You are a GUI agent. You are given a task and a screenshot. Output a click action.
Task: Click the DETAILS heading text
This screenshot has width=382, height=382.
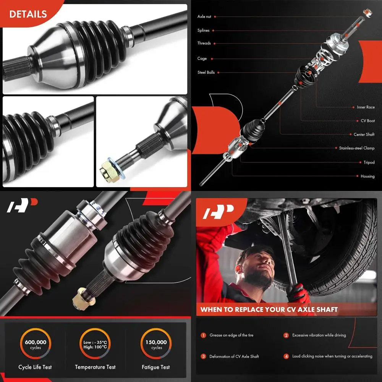(x=28, y=14)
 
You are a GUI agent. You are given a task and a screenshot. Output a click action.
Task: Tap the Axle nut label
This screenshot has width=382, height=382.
(x=204, y=17)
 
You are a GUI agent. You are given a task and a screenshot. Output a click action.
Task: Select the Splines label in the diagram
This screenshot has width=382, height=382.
(x=203, y=31)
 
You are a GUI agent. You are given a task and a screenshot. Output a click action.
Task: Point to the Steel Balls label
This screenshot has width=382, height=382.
(x=206, y=72)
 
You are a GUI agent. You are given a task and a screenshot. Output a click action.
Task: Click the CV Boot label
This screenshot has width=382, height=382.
(x=368, y=121)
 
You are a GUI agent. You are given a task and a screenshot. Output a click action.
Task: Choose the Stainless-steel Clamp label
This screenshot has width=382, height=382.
(x=357, y=148)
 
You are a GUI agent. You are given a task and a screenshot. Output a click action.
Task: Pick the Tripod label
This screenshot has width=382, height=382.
(x=369, y=162)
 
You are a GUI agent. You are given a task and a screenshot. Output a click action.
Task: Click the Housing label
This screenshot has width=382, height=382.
(x=367, y=176)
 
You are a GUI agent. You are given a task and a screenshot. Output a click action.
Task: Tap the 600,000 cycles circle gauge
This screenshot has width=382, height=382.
(x=36, y=345)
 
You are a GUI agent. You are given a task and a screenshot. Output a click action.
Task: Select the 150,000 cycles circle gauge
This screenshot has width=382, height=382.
(x=156, y=345)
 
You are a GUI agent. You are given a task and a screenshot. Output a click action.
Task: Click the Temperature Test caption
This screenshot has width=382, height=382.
(x=95, y=367)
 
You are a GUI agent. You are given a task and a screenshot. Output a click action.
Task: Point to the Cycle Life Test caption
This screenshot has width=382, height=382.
(x=35, y=367)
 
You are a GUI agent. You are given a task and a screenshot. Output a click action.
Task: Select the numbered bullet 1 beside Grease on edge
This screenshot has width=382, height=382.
(x=203, y=335)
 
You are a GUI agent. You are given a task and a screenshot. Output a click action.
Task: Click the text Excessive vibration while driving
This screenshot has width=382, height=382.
(x=319, y=335)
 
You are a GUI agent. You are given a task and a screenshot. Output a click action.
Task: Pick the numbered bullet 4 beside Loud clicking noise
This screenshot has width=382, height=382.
(x=286, y=356)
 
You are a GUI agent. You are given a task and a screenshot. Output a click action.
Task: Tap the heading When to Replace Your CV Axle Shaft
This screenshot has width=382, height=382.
(x=269, y=309)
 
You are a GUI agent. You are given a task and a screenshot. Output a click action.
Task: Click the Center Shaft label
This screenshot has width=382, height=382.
(x=364, y=134)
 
